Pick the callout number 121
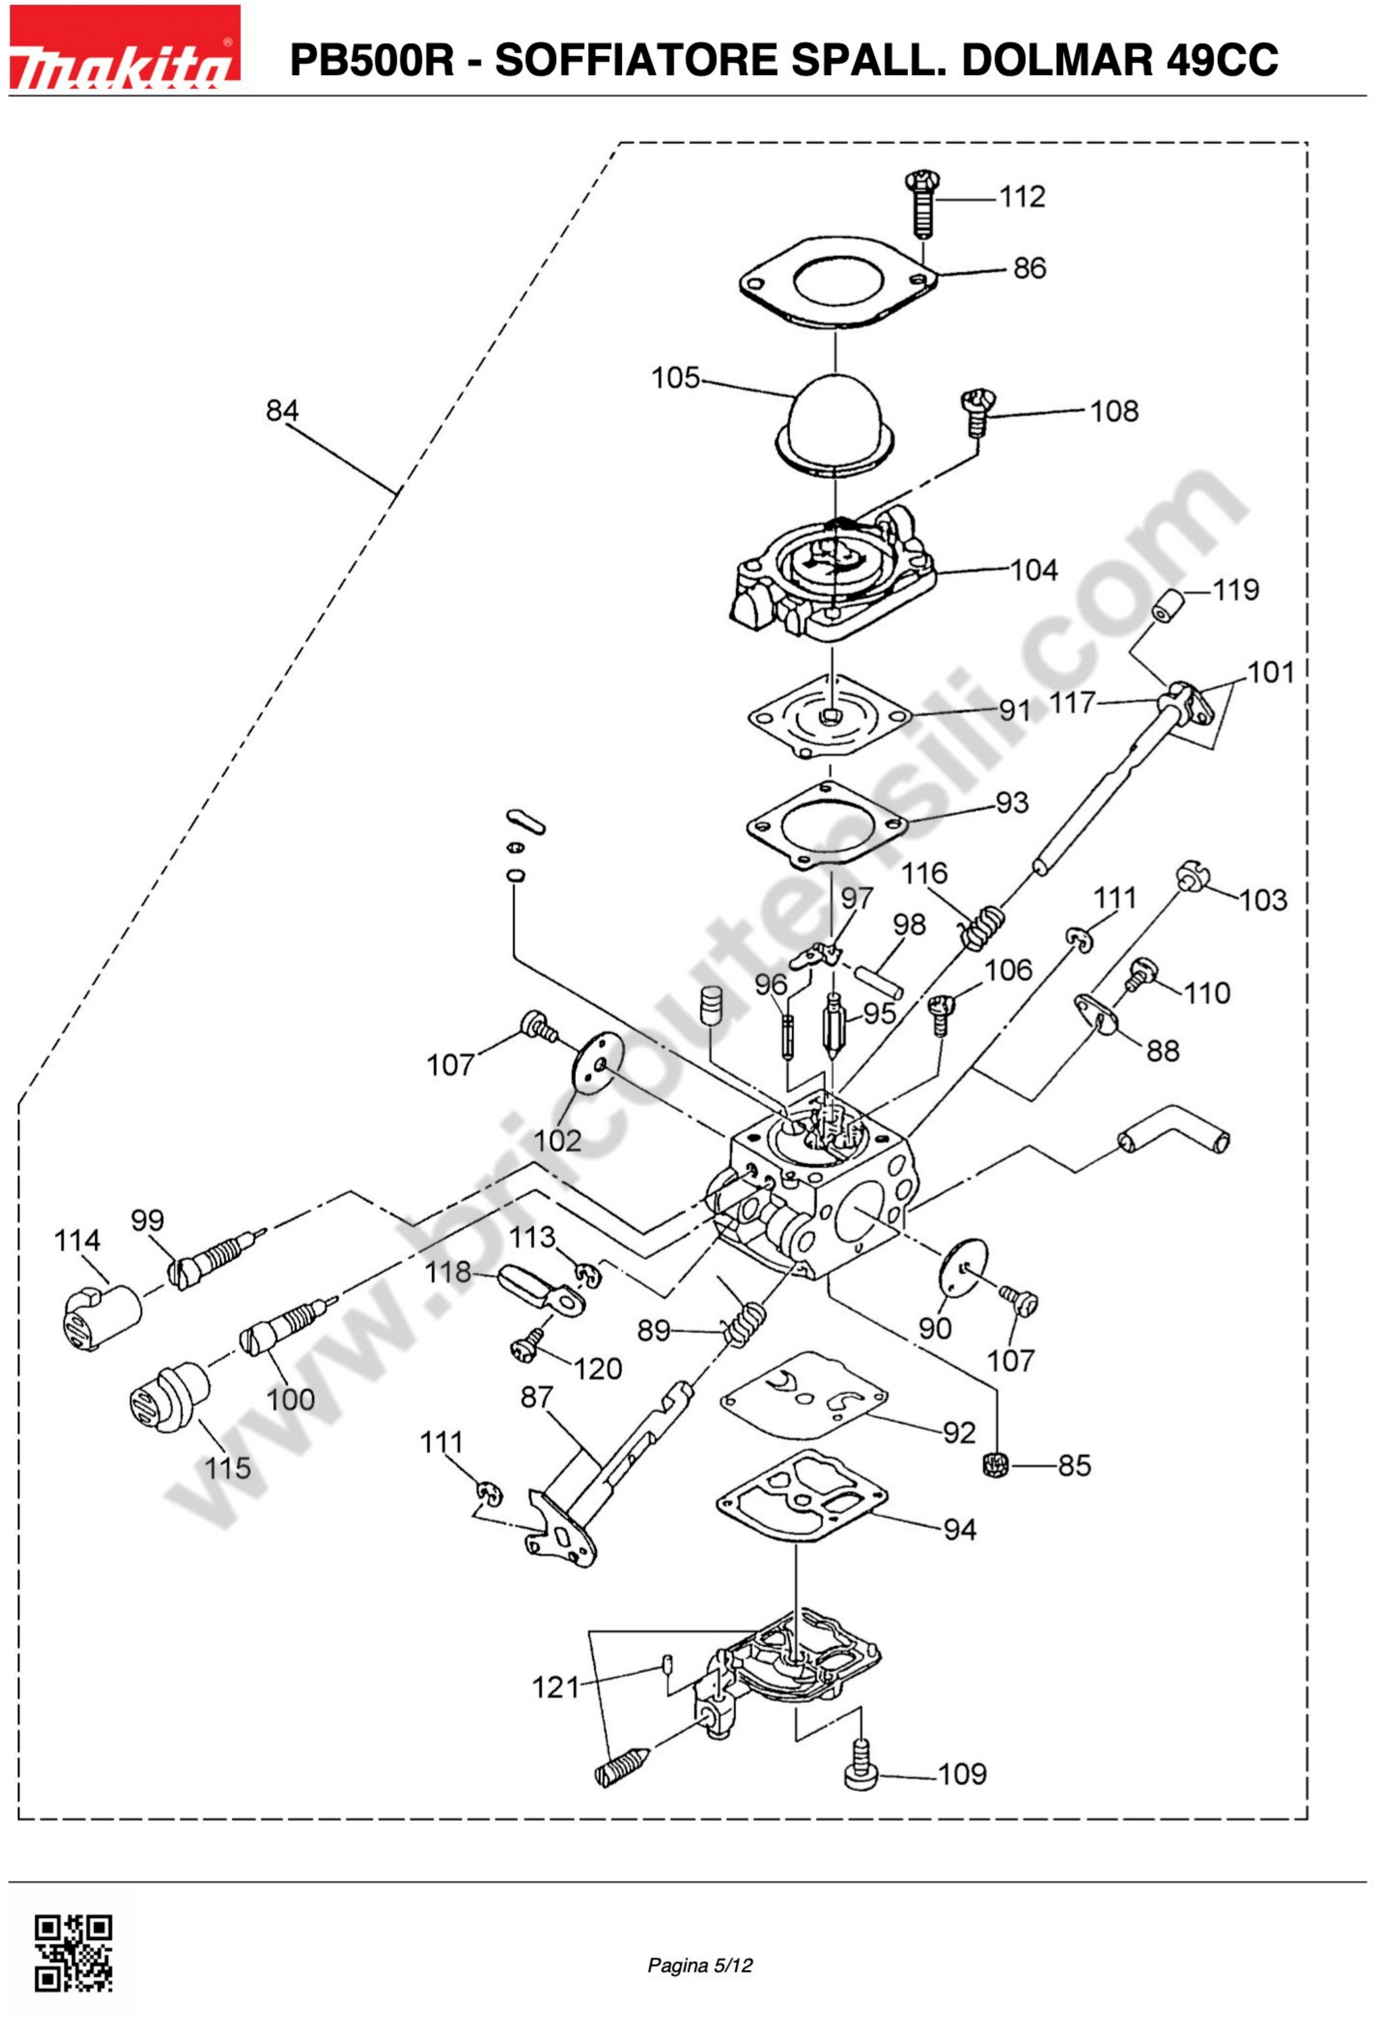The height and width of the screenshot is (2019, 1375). (x=555, y=1688)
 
